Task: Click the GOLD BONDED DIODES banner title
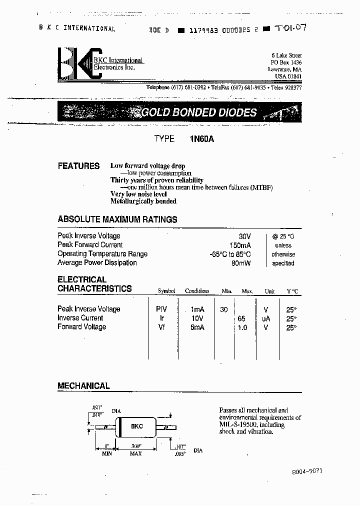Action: (198, 112)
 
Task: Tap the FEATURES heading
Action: (78, 166)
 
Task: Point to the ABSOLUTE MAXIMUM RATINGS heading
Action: (117, 219)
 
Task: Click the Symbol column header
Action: (166, 291)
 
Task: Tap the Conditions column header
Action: (197, 291)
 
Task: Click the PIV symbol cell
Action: (162, 309)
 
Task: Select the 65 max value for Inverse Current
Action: (241, 318)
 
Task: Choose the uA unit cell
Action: (266, 318)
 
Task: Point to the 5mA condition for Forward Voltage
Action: (197, 327)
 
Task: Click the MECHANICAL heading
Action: (83, 386)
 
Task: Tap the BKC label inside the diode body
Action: (136, 426)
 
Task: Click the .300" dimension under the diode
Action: (135, 445)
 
